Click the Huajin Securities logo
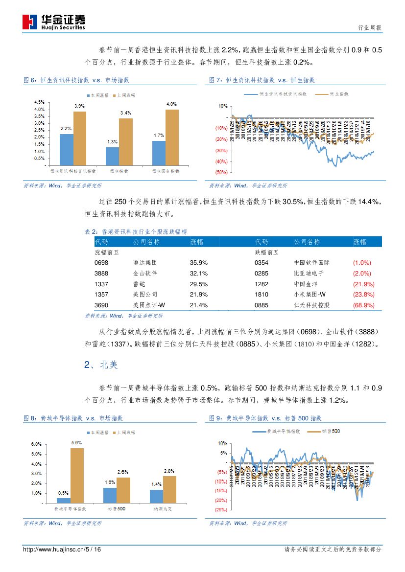point(54,22)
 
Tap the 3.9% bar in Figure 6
point(80,138)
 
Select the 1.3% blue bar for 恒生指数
point(112,156)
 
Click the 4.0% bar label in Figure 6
point(171,104)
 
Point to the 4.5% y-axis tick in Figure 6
point(39,102)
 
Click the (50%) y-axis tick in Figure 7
point(221,173)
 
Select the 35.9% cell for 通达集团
point(198,263)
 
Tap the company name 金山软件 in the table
point(145,274)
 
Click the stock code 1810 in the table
point(262,295)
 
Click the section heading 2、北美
point(101,365)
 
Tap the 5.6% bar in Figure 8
point(77,475)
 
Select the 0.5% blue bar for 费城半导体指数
point(63,500)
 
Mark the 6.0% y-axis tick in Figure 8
point(36,444)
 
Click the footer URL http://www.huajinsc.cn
point(54,549)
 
